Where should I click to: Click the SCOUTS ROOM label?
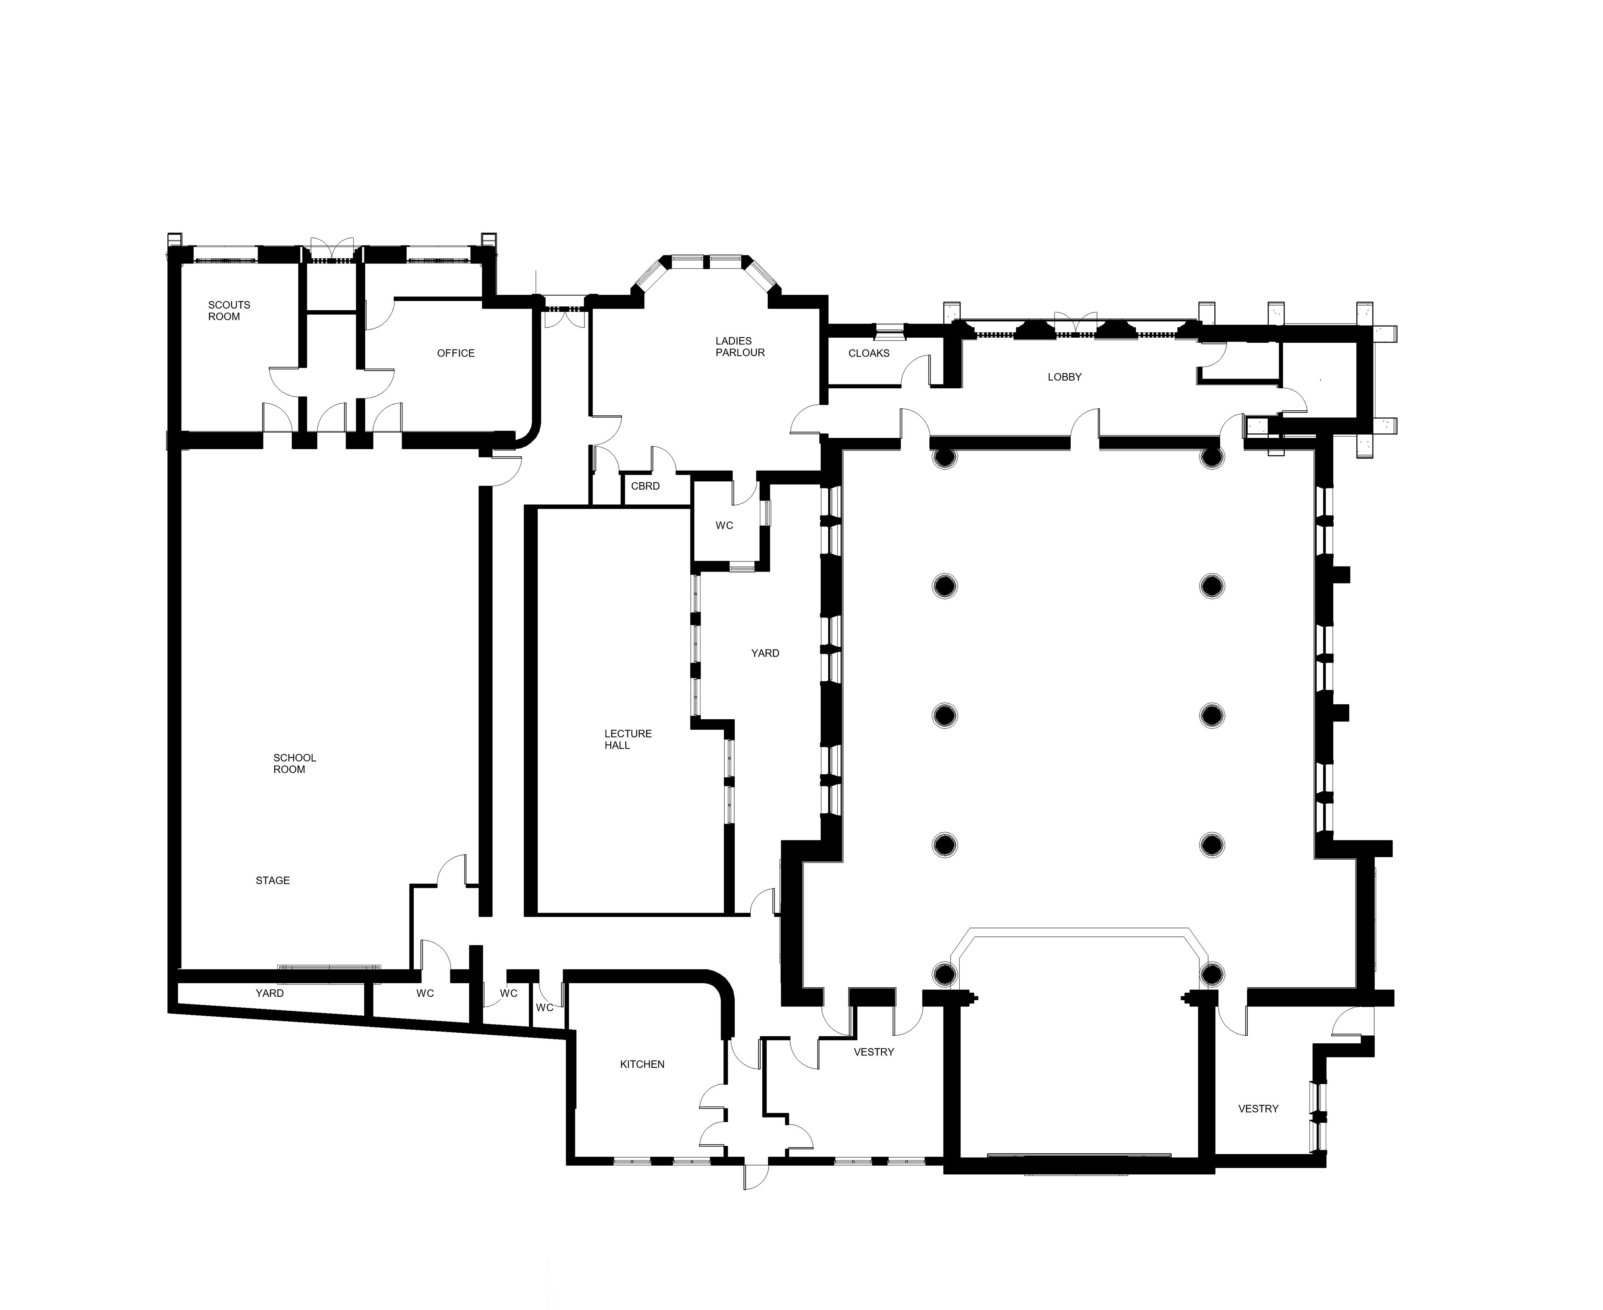coord(229,310)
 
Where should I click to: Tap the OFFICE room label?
coord(456,353)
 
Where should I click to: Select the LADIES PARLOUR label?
coord(740,346)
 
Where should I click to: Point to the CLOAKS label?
coord(869,353)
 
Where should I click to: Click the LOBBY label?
coord(1064,377)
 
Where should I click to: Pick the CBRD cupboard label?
coord(645,486)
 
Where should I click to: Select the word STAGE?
coord(273,880)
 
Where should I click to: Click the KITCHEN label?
coord(642,1064)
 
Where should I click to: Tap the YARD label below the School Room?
coord(269,993)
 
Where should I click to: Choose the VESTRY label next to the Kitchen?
coord(874,1052)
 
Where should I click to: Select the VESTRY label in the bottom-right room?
coord(1258,1108)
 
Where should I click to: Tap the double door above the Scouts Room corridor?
coord(331,250)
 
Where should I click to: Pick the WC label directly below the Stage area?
coord(425,993)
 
